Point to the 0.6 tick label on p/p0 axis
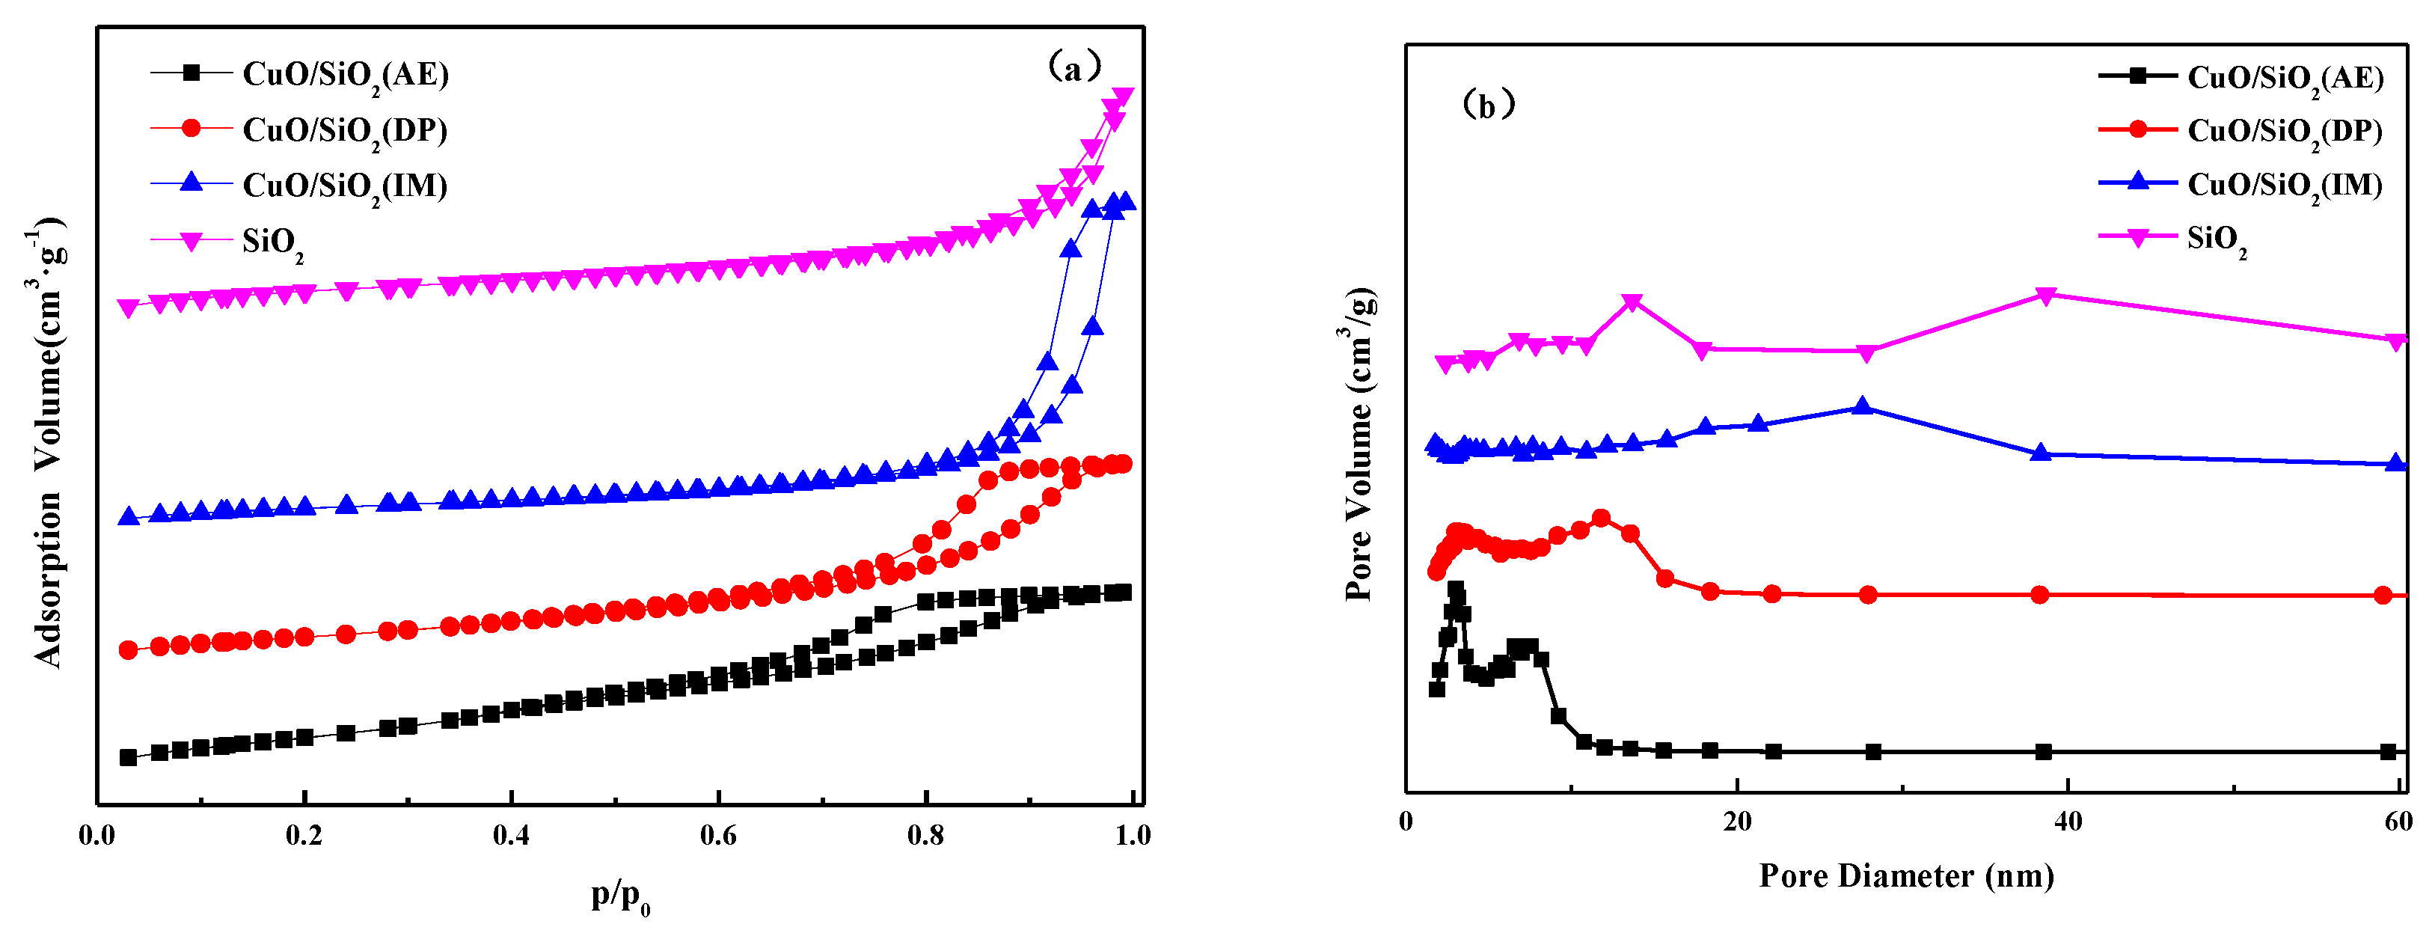point(717,836)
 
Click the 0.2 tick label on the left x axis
point(304,836)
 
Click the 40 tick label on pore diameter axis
point(2067,822)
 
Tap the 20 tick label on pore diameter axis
point(1736,822)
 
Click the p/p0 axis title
point(621,895)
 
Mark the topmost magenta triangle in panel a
point(1122,97)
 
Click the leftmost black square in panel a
point(129,757)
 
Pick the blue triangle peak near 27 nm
point(1862,406)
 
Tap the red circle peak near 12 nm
point(1600,519)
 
